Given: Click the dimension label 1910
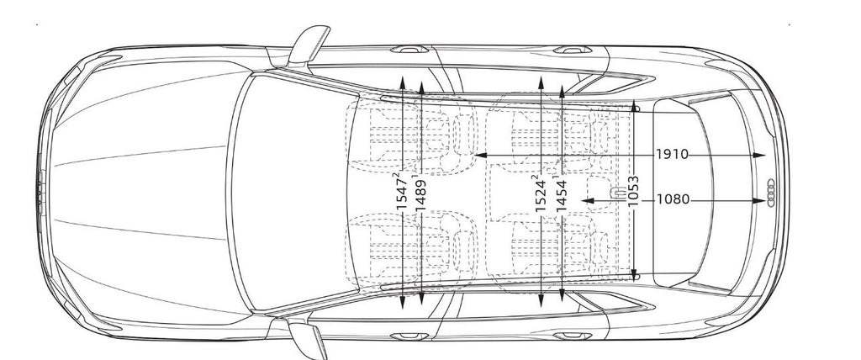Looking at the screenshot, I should point(673,155).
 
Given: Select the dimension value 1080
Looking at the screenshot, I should point(673,200).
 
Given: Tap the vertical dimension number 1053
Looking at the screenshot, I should point(633,193).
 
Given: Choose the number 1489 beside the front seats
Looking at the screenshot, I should point(421,199).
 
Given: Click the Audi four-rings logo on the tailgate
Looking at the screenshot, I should point(769,193).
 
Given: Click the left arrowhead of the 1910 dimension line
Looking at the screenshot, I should point(476,156).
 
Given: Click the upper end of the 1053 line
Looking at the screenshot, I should point(635,108).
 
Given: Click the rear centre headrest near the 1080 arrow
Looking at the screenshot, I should point(618,193).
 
